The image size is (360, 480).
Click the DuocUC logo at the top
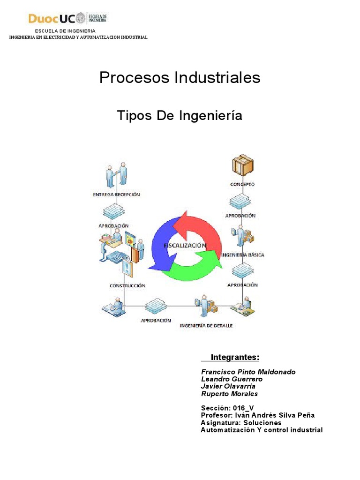pyautogui.click(x=68, y=19)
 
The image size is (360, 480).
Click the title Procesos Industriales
pyautogui.click(x=180, y=78)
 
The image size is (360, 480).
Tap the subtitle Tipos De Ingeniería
pyautogui.click(x=180, y=115)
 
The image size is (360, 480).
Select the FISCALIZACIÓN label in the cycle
pyautogui.click(x=185, y=245)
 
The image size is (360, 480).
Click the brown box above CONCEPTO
pyautogui.click(x=242, y=167)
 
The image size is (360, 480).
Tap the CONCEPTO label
pyautogui.click(x=242, y=184)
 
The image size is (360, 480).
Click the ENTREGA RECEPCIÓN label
pyautogui.click(x=117, y=194)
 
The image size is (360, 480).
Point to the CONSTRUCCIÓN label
pyautogui.click(x=127, y=285)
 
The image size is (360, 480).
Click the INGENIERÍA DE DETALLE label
pyautogui.click(x=206, y=325)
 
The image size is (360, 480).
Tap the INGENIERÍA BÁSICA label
pyautogui.click(x=242, y=255)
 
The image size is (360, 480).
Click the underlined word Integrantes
pyautogui.click(x=235, y=358)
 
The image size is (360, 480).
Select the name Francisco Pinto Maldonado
pyautogui.click(x=248, y=372)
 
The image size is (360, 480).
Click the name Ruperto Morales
pyautogui.click(x=229, y=394)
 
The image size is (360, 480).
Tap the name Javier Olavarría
pyautogui.click(x=228, y=386)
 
